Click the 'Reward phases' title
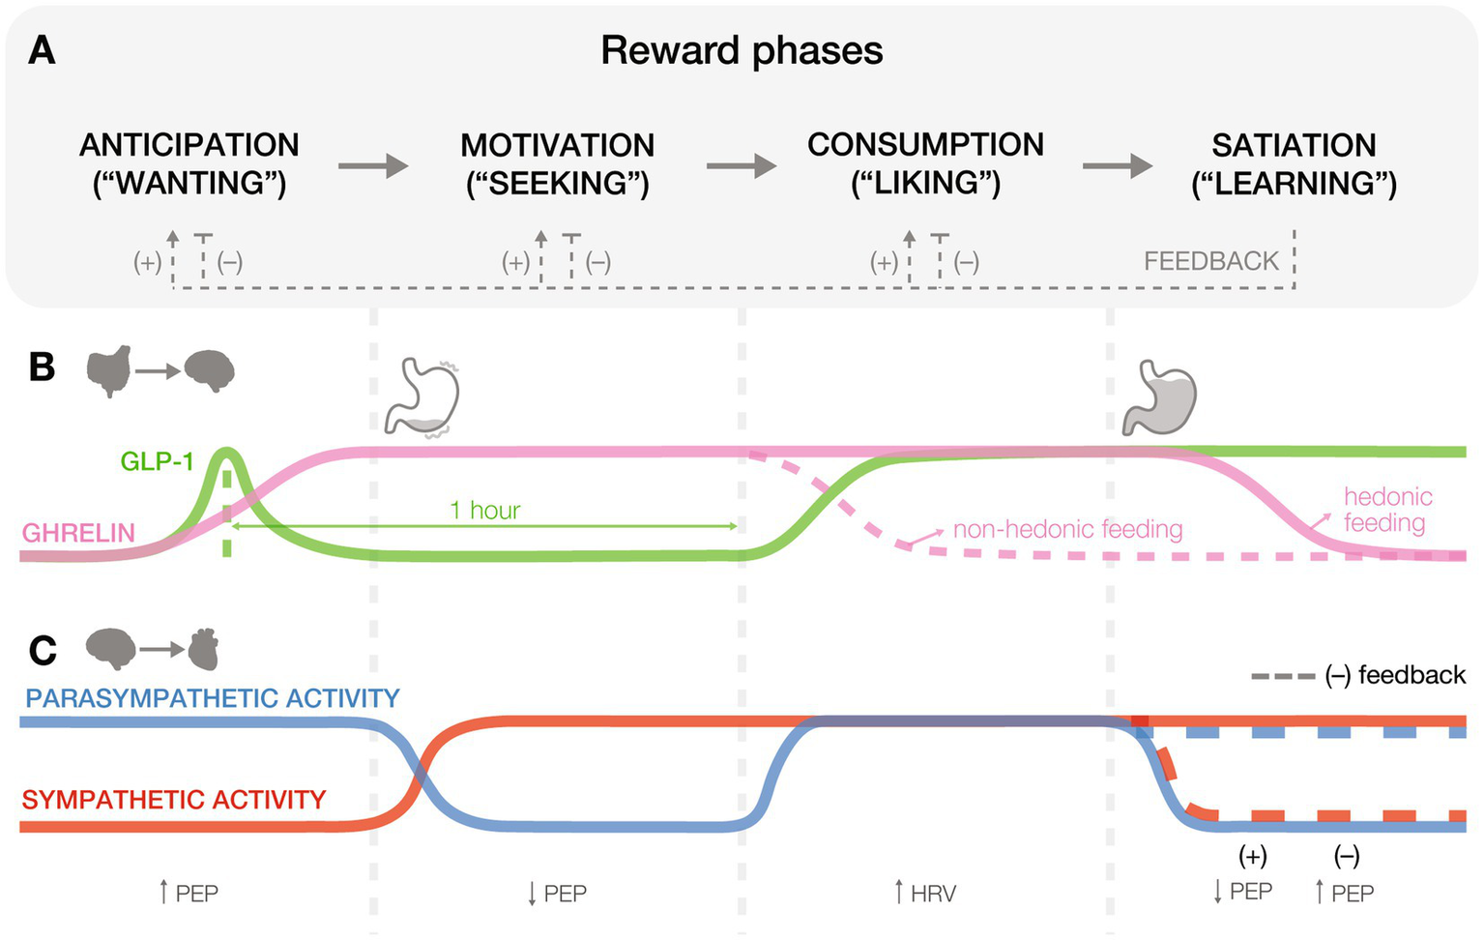742,51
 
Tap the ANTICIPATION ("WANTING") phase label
189,163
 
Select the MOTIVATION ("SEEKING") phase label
558,163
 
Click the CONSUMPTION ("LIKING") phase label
925,163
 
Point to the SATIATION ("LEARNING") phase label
1294,163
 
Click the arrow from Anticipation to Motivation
373,166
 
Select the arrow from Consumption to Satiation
1117,166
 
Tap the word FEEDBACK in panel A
1210,261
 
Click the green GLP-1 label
157,461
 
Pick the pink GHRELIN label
78,533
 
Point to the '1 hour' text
485,511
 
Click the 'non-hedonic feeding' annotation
1067,529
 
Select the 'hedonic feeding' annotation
1387,510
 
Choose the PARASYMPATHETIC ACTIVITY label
213,698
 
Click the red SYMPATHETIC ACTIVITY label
174,800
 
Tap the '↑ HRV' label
925,894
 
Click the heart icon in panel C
203,650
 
